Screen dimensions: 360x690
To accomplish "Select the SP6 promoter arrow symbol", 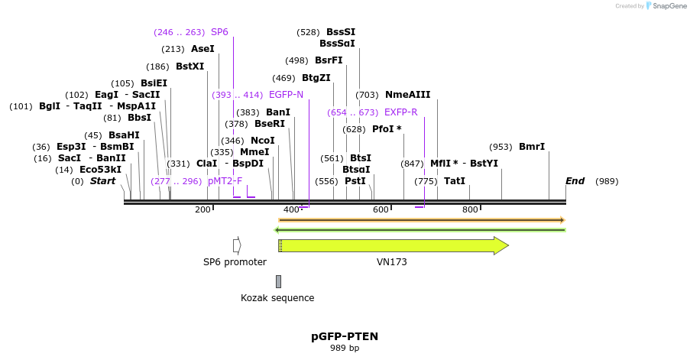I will click(x=237, y=245).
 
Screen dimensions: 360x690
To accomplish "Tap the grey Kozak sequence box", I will click(x=278, y=281).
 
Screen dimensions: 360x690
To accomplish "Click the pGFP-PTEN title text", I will click(x=345, y=336).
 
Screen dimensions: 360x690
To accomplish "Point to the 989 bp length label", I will click(x=345, y=349).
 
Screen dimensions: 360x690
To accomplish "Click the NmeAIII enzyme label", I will click(x=407, y=95).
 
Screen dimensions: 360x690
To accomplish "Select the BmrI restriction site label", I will click(x=532, y=147).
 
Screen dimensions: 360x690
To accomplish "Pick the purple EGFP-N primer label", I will click(x=286, y=95).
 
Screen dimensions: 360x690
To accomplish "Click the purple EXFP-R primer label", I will click(x=400, y=112).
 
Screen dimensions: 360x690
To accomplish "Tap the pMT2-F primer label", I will click(x=225, y=181).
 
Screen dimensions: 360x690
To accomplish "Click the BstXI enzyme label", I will click(x=190, y=66).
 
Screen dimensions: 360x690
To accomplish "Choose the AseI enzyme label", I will click(x=202, y=49).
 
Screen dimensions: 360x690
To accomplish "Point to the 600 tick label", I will click(x=381, y=209).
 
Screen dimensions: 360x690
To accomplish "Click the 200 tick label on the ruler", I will click(x=202, y=209).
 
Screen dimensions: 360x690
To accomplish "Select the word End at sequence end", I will click(x=575, y=181).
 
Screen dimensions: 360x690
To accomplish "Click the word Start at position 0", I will click(x=102, y=181).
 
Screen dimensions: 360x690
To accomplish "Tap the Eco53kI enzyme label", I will click(x=100, y=170).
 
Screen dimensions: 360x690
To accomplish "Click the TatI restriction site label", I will click(x=455, y=181).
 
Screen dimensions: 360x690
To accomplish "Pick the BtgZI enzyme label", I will click(x=316, y=78).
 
